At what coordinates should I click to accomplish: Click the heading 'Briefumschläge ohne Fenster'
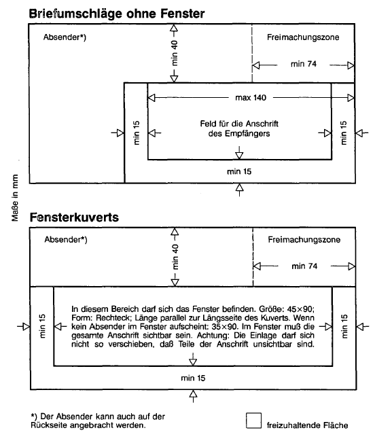coord(117,14)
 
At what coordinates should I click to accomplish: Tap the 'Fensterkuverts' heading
coord(74,217)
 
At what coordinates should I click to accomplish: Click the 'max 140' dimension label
coord(251,98)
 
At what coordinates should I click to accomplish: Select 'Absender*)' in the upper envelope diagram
coord(65,37)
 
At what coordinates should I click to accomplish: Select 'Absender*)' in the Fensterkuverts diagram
coord(66,240)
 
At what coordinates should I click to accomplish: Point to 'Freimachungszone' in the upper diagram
coord(303,37)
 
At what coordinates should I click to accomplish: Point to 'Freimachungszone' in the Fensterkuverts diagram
coord(304,240)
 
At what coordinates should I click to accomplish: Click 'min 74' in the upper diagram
coord(304,64)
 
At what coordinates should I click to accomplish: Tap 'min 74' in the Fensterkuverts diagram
coord(304,266)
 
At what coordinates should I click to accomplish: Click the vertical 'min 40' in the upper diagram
coord(175,53)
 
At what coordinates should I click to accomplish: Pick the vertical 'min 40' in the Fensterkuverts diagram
coord(175,257)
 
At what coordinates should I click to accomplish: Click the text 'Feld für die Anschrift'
coord(239,124)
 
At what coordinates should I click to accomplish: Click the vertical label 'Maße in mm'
coord(15,198)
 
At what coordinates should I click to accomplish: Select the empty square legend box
coord(253,421)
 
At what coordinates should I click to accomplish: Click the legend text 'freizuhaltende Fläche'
coord(308,425)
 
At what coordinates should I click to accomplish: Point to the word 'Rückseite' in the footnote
coord(48,425)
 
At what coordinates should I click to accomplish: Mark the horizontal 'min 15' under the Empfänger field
coord(239,171)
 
